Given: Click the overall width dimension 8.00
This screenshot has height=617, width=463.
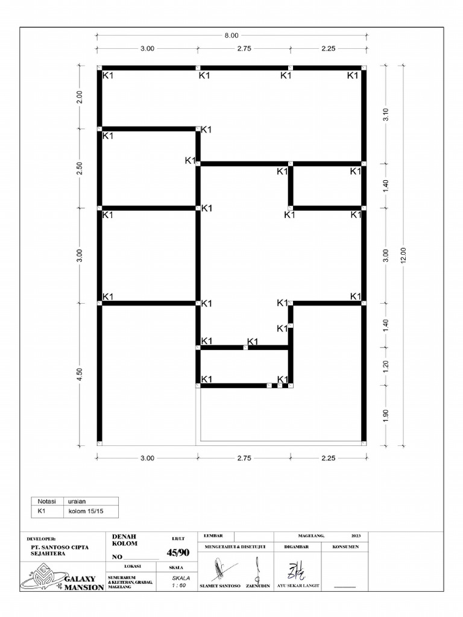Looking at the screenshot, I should (231, 36).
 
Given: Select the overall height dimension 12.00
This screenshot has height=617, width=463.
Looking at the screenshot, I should (404, 255).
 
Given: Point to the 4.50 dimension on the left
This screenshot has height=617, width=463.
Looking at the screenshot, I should (80, 374).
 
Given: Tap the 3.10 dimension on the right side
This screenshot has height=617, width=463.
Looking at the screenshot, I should (386, 114).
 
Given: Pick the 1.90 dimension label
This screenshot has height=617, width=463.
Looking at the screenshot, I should (386, 416).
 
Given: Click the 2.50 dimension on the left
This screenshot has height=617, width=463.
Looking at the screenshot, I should (80, 169).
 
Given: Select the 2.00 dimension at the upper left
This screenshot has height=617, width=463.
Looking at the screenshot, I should (80, 98).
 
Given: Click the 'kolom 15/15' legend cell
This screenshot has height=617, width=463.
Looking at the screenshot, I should (84, 512).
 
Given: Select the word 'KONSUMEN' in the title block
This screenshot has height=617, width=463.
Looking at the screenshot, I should (345, 547).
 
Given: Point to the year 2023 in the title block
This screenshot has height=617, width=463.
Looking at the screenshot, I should (356, 535).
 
